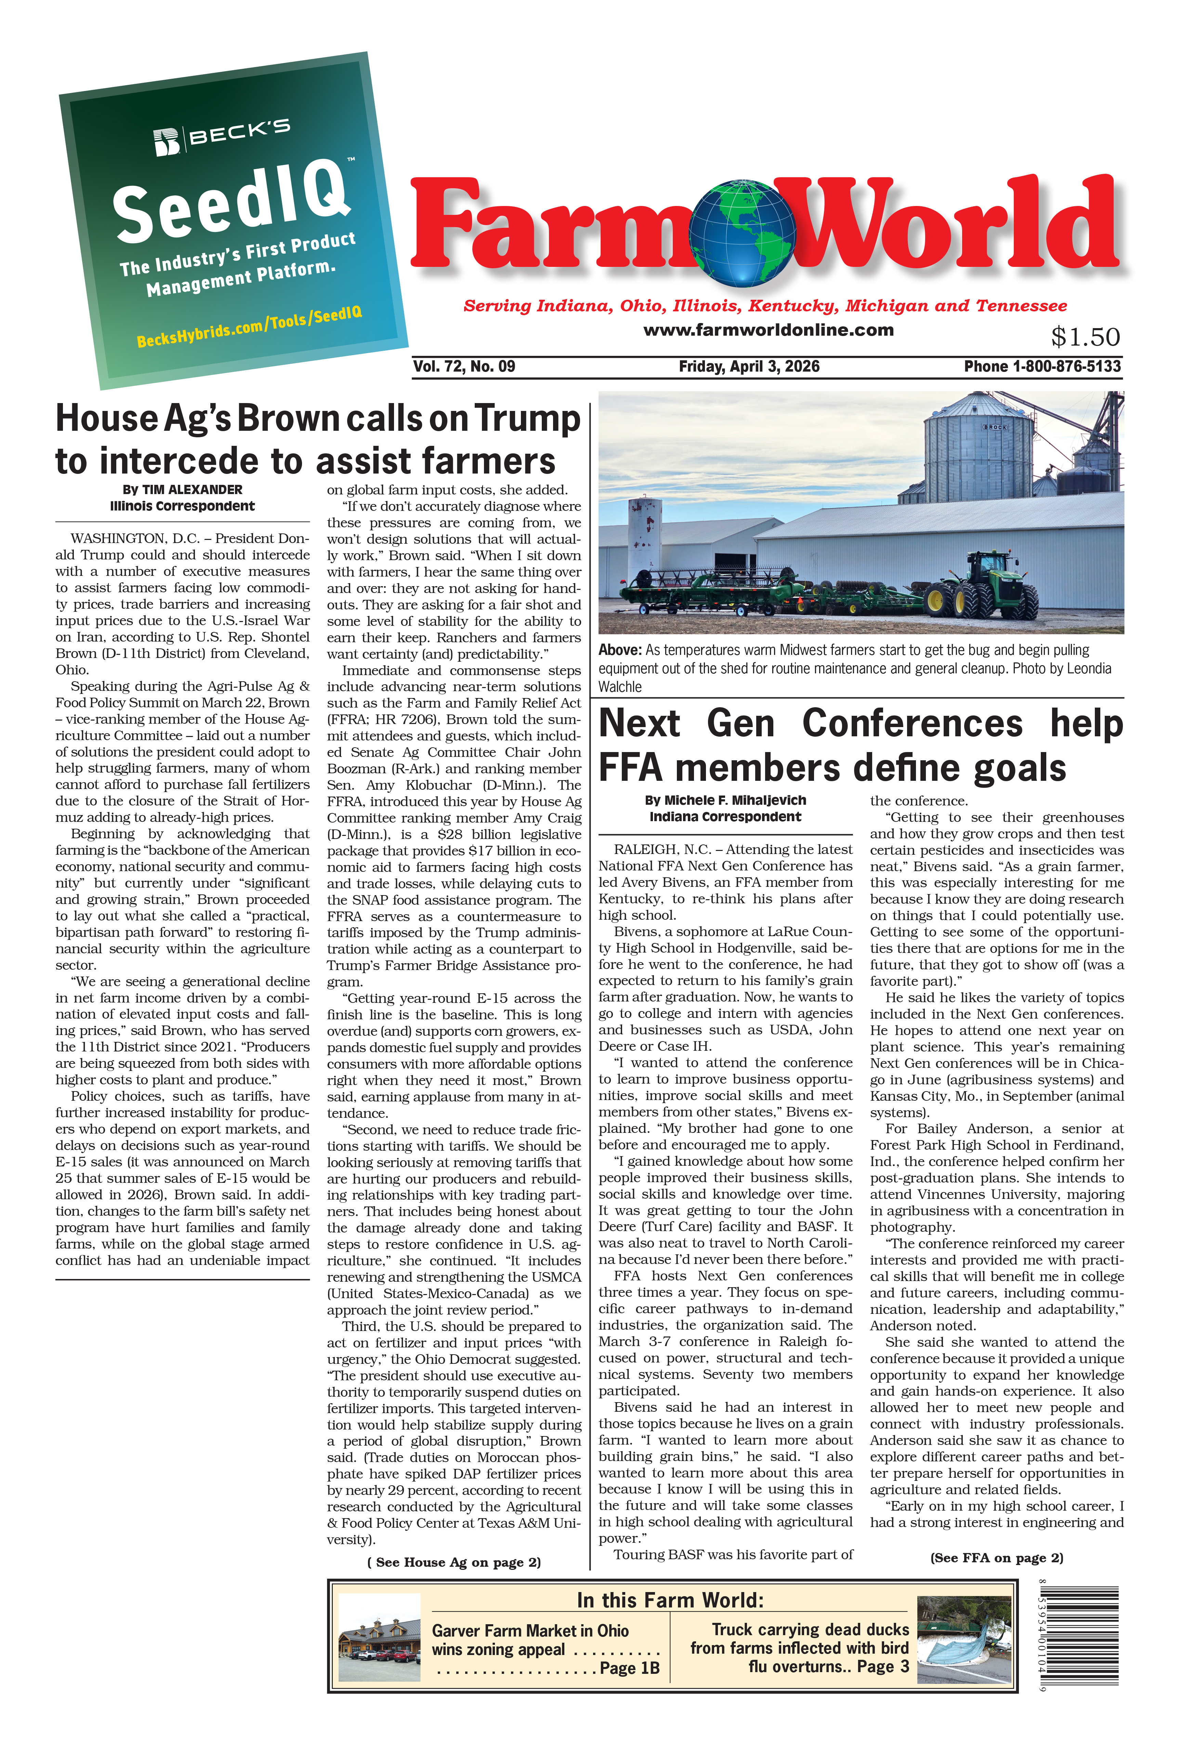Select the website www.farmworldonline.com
pos(768,329)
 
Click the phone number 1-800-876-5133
pos(1066,366)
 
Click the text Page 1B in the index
pos(629,1668)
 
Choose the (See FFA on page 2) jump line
pos(996,1558)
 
